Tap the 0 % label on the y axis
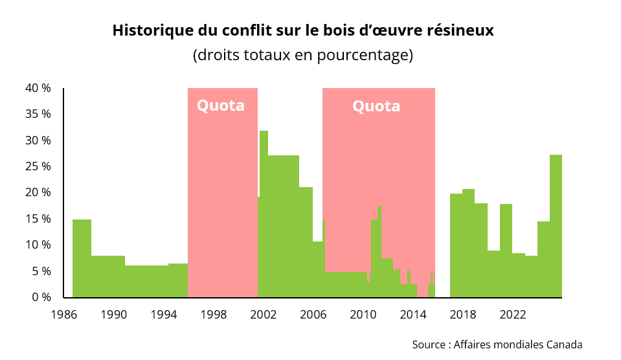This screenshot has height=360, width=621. point(41,297)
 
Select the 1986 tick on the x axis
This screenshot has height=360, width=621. point(63,315)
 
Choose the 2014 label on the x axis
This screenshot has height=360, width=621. point(412,315)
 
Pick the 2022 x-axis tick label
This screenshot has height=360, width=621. point(512,315)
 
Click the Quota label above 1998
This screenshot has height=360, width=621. point(221,106)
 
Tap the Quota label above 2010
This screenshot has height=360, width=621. point(376,106)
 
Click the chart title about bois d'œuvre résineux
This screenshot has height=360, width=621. point(303,30)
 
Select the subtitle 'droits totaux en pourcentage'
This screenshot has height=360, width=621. point(303,55)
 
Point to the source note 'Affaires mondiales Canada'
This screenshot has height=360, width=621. point(497,344)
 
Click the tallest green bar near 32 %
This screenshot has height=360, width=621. point(264,214)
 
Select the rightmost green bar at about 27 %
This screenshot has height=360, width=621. point(556,227)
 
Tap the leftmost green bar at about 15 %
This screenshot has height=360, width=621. point(82,259)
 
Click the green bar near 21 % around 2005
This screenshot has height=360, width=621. point(306,243)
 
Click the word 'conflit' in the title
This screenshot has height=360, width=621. point(243,30)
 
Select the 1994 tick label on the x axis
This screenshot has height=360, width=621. point(163,315)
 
